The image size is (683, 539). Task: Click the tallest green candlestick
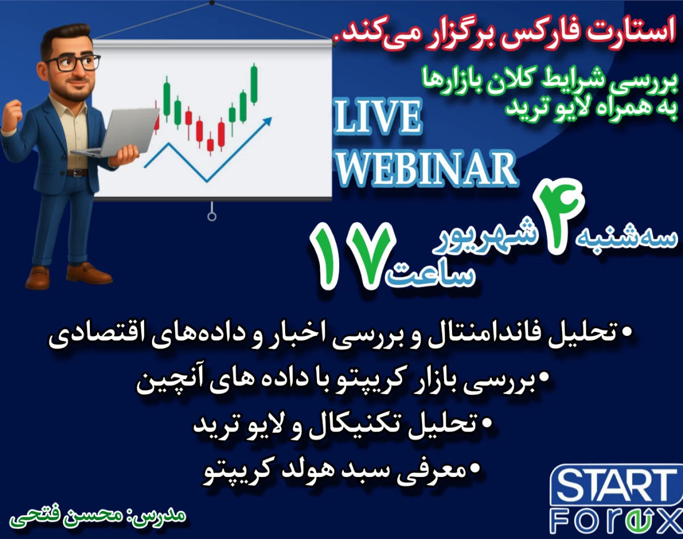[253, 85]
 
